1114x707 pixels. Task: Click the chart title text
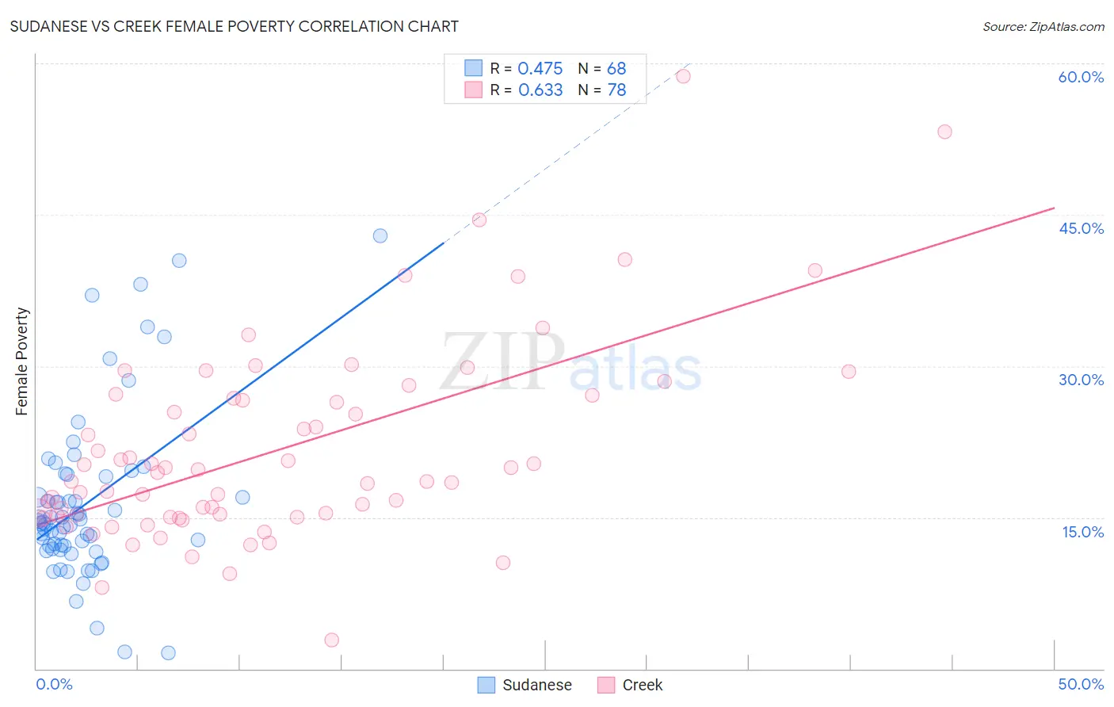(234, 26)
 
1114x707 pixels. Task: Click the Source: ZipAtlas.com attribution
(1043, 26)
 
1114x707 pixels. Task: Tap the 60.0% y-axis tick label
(1081, 77)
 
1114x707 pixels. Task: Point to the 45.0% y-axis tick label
(1081, 228)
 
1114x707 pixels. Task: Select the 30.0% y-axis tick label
(1081, 380)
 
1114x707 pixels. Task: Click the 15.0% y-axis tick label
(1082, 532)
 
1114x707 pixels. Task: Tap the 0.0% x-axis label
(54, 684)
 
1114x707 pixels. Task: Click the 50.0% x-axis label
(1081, 684)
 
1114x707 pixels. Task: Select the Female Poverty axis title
(22, 361)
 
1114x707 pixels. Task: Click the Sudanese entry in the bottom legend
(536, 685)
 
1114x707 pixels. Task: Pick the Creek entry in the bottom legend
(642, 685)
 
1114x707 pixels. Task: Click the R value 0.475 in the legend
(540, 69)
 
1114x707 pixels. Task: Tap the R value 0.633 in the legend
(540, 90)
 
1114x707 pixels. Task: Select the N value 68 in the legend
(616, 69)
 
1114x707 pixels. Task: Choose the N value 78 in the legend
(616, 90)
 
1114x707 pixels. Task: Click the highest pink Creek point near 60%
(683, 76)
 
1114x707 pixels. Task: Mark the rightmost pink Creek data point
(944, 132)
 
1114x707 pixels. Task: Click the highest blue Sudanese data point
(380, 235)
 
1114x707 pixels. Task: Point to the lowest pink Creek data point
(332, 640)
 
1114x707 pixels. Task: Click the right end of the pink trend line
(1054, 208)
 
